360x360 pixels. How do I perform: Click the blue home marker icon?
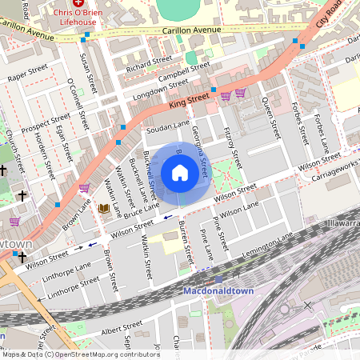tap(180, 173)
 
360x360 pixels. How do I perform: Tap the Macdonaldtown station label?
tap(218, 291)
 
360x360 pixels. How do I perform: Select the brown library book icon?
tap(103, 209)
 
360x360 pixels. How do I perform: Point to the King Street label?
tap(189, 101)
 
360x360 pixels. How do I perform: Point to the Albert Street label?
tap(122, 327)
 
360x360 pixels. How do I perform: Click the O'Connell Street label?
tap(77, 105)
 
